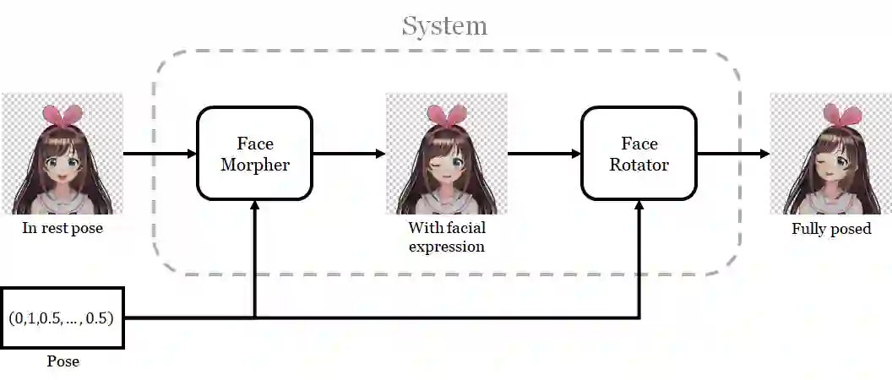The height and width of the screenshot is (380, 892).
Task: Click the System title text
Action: coord(444,25)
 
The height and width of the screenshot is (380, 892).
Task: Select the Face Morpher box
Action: coord(254,154)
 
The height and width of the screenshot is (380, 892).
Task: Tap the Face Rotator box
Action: coord(639,154)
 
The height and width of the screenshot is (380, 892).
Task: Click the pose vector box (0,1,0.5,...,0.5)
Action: coord(62,318)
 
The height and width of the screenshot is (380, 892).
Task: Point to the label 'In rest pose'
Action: coord(63,228)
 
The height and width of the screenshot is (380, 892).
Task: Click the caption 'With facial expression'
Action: coord(447,236)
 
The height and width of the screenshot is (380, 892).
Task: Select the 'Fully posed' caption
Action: coord(831,228)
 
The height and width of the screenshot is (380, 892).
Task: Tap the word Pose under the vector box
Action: coord(63,361)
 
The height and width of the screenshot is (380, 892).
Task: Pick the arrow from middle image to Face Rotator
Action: coord(544,154)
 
